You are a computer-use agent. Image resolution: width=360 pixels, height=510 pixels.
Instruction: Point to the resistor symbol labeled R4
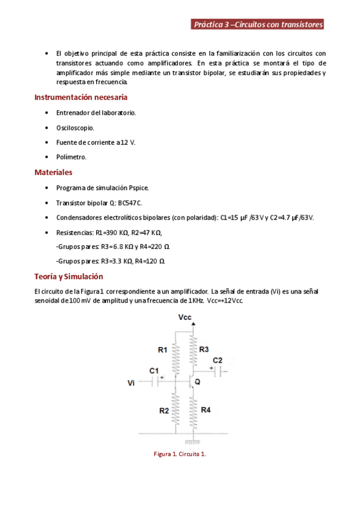click(193, 409)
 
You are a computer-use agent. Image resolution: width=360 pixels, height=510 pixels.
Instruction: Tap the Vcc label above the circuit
click(186, 317)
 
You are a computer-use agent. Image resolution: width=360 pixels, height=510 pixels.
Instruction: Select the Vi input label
click(132, 382)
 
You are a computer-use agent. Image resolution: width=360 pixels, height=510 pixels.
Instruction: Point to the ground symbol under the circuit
click(193, 442)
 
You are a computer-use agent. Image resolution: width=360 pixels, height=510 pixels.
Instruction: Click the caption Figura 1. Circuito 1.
click(180, 454)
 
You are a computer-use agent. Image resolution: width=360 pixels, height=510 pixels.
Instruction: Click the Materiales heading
click(53, 172)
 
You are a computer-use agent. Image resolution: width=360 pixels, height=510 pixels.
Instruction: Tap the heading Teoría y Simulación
click(69, 276)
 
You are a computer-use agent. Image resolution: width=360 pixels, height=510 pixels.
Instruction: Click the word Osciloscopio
click(75, 127)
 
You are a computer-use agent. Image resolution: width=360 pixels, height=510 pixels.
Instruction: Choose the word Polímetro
click(72, 157)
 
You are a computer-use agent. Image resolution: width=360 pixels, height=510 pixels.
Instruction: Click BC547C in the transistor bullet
click(130, 203)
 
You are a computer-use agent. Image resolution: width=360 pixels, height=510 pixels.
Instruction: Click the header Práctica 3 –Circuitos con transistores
click(258, 25)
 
